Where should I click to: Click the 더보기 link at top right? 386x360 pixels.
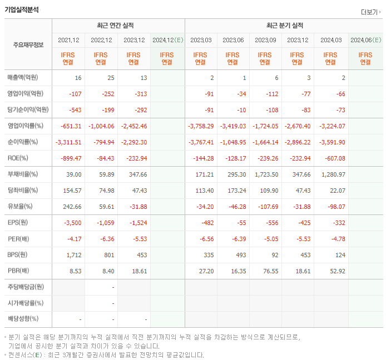click(x=370, y=12)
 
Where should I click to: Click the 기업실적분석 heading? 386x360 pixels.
click(x=22, y=9)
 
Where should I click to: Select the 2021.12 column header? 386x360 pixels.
click(x=68, y=40)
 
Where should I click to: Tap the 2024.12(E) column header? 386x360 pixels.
click(x=167, y=40)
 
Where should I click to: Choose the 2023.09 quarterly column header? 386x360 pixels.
click(x=265, y=40)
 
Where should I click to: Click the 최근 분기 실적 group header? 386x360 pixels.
click(x=284, y=26)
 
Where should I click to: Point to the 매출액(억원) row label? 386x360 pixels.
click(x=23, y=78)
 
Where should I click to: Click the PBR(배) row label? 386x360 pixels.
click(x=19, y=271)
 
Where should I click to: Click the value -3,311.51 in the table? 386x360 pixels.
click(x=68, y=142)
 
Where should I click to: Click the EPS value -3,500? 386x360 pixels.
click(x=72, y=223)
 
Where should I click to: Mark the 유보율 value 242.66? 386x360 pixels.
click(x=72, y=207)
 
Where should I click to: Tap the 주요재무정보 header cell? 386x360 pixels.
click(x=28, y=45)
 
